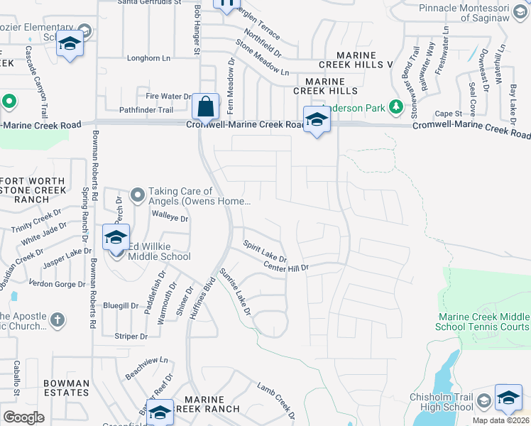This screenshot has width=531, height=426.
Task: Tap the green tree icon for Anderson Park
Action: point(396,108)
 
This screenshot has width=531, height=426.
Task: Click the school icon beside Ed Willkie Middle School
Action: point(116,237)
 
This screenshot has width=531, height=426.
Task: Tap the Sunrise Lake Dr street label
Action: point(235,291)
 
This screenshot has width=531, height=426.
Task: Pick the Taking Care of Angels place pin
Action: point(138,193)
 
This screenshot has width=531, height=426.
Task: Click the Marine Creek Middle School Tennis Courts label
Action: point(483,322)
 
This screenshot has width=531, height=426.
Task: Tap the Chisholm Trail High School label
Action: point(442,402)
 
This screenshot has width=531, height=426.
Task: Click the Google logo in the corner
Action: point(23,417)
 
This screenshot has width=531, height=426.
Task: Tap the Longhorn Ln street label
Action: point(150,58)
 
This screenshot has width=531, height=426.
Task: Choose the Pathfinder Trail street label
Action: point(146,110)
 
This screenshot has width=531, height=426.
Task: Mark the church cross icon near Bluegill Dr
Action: point(58,319)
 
